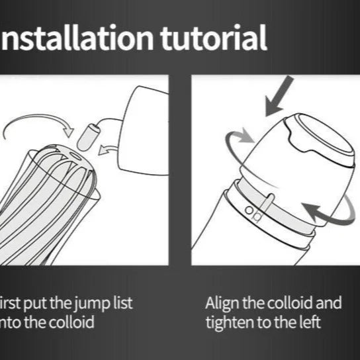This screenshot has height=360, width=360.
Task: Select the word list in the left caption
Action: (120, 304)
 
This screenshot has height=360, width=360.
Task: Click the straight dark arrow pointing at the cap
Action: (279, 96)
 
